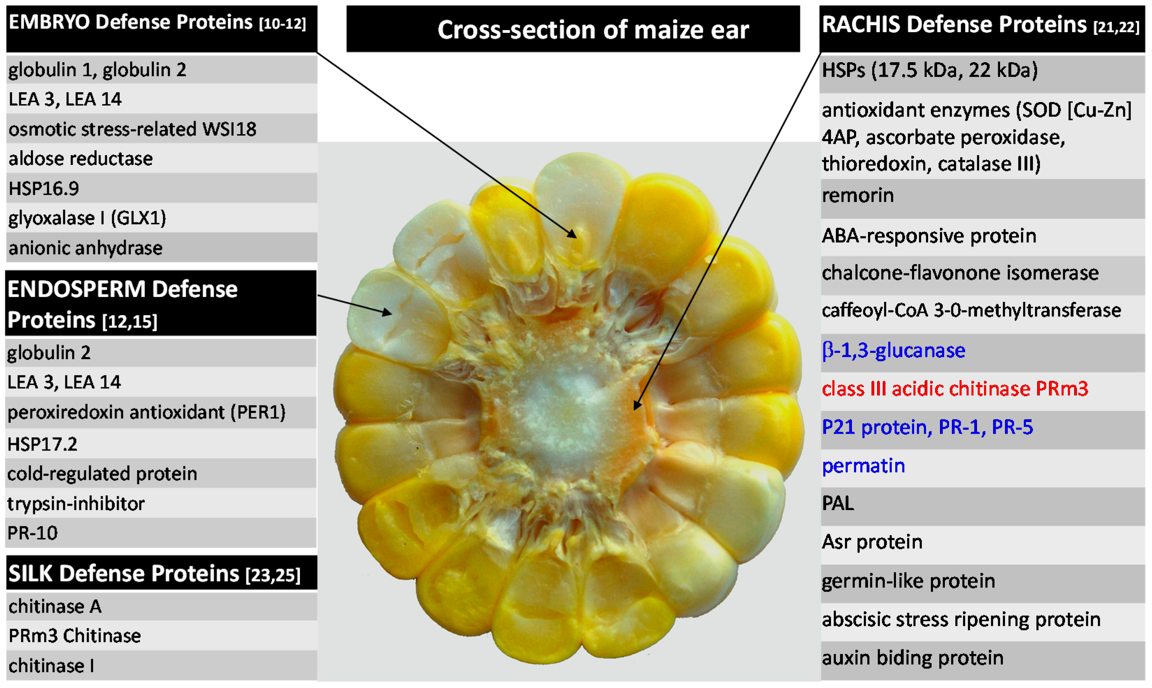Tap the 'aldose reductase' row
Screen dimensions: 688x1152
tap(81, 159)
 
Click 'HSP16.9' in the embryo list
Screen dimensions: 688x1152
tap(44, 189)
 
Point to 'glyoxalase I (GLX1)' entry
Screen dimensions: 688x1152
tap(87, 218)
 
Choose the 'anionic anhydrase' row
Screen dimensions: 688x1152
tap(86, 248)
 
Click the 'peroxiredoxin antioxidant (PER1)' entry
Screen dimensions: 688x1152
tap(146, 412)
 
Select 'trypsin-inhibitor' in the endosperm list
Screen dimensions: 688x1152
tap(76, 504)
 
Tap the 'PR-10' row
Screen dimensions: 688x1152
tap(32, 533)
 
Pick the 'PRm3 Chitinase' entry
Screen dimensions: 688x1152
tap(75, 636)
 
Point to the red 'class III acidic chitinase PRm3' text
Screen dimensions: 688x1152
tap(955, 388)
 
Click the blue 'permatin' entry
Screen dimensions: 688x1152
tap(863, 466)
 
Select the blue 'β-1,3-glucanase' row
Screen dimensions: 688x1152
tap(893, 351)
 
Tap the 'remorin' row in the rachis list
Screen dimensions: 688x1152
tap(858, 195)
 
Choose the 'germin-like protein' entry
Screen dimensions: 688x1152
tap(908, 581)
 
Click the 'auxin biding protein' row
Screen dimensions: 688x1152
tap(912, 658)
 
